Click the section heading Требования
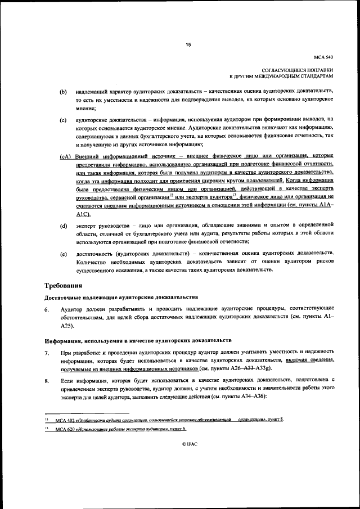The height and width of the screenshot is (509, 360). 67,286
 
